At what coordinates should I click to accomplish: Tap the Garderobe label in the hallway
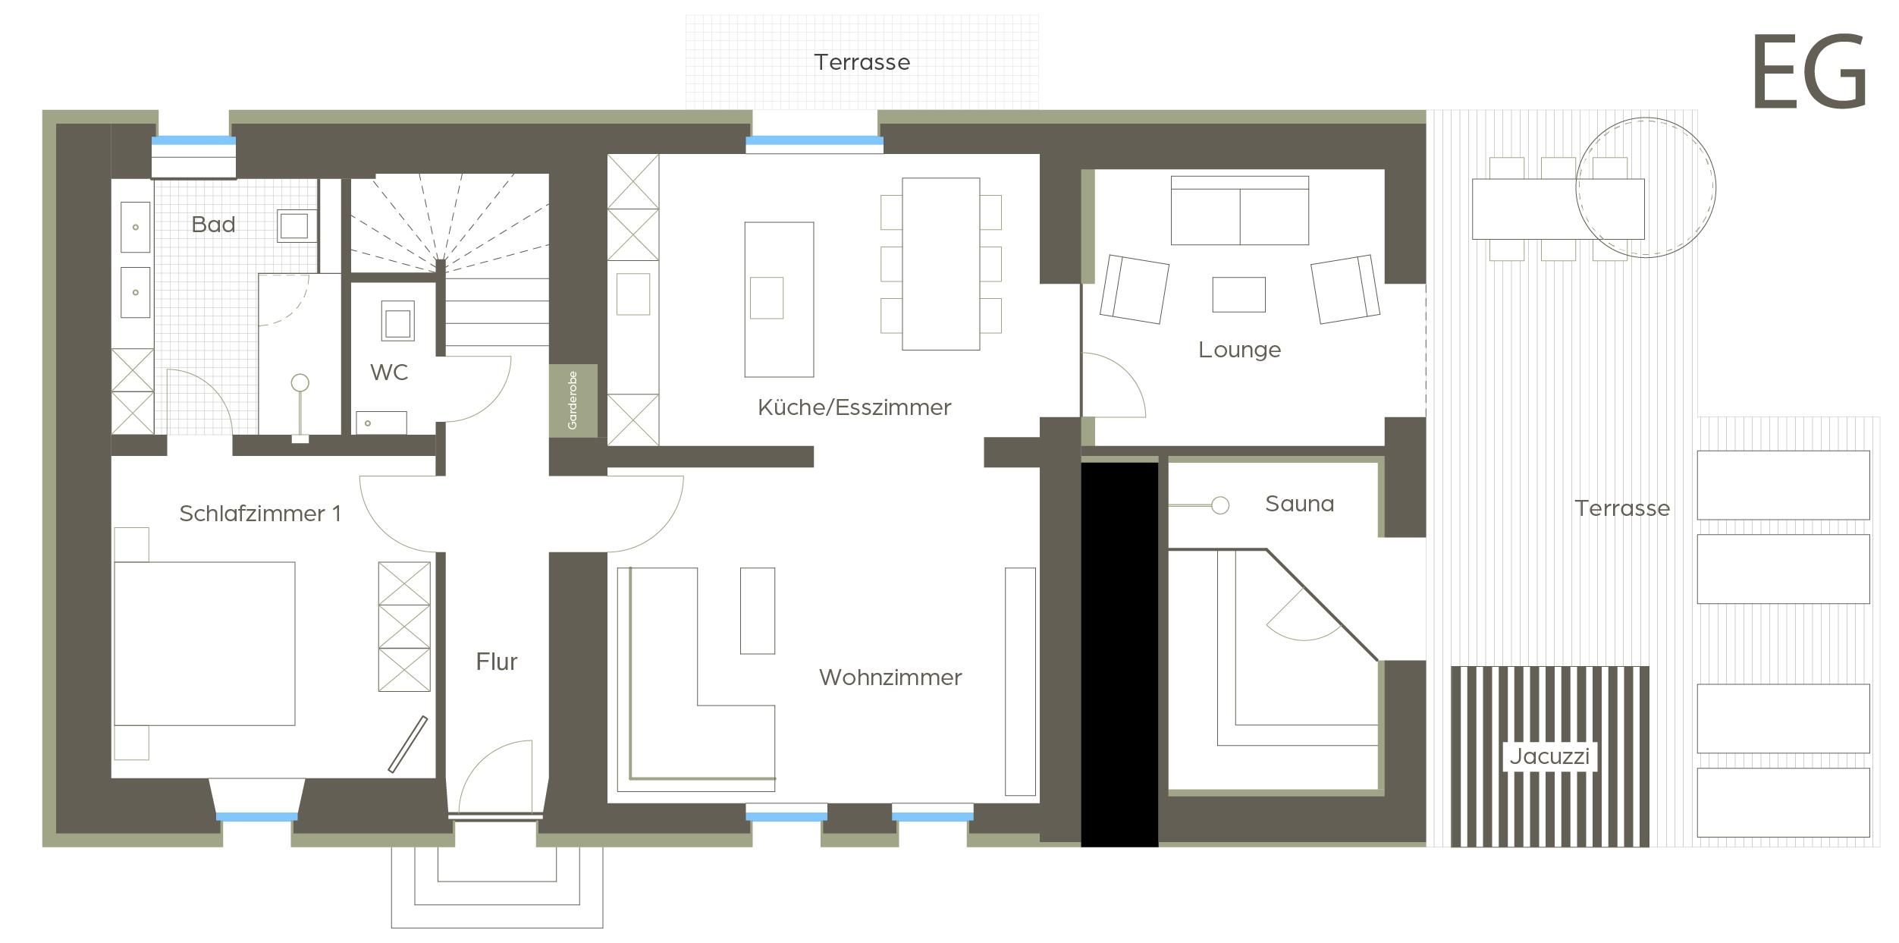(x=573, y=401)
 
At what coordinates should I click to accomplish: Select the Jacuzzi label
(x=1549, y=756)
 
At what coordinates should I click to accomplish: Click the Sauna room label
(x=1299, y=504)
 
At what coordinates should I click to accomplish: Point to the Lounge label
(x=1239, y=350)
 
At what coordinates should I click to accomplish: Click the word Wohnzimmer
(x=890, y=677)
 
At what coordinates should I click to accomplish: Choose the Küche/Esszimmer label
(x=854, y=407)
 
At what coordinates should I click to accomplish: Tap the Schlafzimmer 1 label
(x=260, y=514)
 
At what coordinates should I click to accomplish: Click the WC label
(x=389, y=372)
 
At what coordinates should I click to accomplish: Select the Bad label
(x=213, y=225)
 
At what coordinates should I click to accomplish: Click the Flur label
(x=497, y=662)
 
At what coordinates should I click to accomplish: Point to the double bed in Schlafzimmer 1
(x=204, y=643)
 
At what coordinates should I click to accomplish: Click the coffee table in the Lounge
(x=1238, y=294)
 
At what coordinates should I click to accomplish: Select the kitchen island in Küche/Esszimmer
(x=779, y=300)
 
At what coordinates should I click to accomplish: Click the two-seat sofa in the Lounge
(x=1240, y=210)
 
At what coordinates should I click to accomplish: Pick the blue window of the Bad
(x=193, y=141)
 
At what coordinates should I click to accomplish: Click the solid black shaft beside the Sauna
(x=1119, y=655)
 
